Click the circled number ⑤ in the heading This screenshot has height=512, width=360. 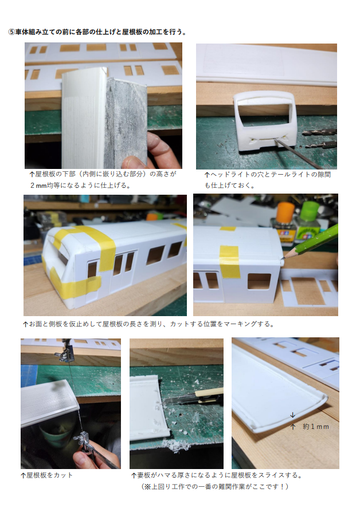(x=11, y=32)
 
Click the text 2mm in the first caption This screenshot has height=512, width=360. (x=38, y=186)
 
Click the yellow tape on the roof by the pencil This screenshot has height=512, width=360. (x=229, y=261)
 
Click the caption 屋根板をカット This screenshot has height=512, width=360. (x=49, y=475)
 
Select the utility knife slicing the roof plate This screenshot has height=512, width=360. (x=194, y=397)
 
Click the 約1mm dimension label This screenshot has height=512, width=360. (x=315, y=427)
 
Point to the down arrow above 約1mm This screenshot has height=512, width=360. (x=292, y=415)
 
